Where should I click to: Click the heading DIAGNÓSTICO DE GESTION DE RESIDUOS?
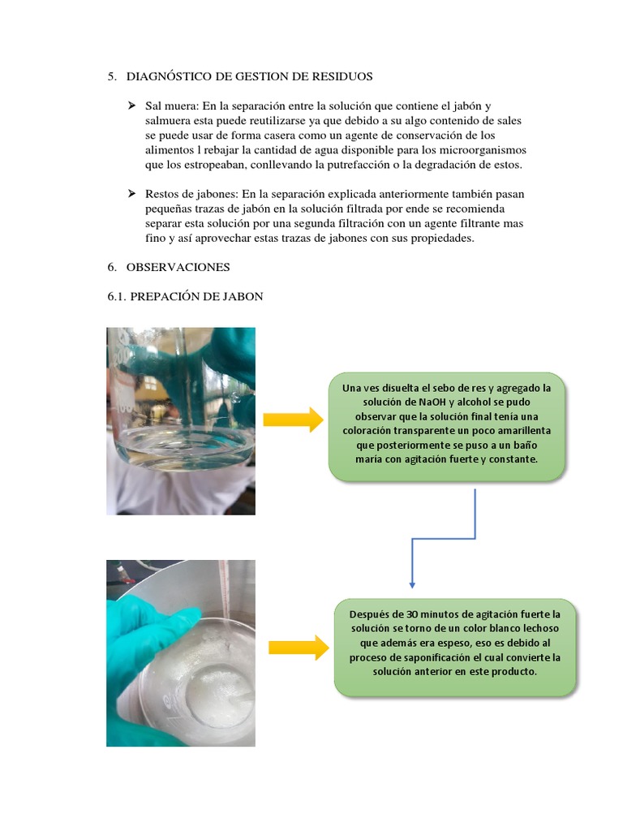[249, 76]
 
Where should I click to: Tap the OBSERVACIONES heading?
[178, 267]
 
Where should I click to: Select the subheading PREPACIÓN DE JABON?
[196, 296]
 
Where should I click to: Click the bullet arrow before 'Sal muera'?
[131, 106]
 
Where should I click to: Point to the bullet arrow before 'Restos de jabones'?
[131, 194]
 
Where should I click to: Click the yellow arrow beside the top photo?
[293, 420]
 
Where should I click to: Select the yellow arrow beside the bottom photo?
[299, 647]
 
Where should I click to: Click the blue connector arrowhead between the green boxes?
[412, 585]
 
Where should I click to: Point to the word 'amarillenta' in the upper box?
[524, 431]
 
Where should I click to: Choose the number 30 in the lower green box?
[412, 615]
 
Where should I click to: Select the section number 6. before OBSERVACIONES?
[112, 267]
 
